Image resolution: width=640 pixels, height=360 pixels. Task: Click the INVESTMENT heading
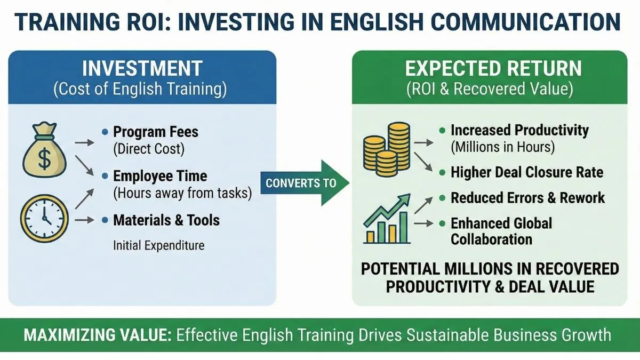click(142, 69)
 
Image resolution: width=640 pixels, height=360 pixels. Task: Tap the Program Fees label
click(156, 132)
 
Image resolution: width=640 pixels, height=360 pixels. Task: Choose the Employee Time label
click(160, 176)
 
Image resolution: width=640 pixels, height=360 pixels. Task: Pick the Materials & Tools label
click(166, 220)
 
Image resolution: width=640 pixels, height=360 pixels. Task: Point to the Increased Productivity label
click(519, 130)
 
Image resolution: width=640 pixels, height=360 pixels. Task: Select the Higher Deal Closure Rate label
click(527, 172)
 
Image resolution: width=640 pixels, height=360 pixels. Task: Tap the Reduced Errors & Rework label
click(527, 198)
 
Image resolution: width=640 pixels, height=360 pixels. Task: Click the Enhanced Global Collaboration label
click(501, 230)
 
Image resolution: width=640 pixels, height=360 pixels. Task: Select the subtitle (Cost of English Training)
click(140, 90)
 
